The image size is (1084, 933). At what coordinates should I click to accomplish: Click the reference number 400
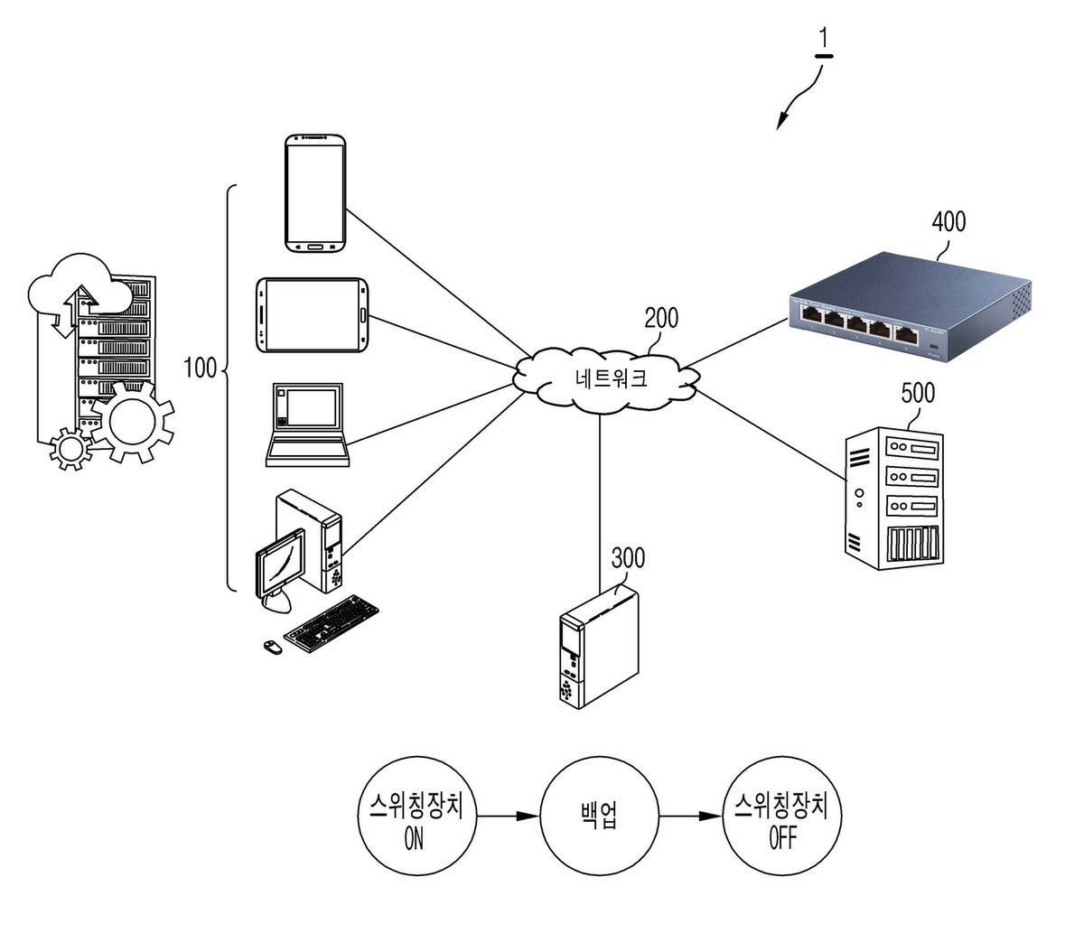pyautogui.click(x=948, y=222)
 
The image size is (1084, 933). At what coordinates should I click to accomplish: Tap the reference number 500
pyautogui.click(x=918, y=393)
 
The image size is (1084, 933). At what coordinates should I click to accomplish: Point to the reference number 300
pyautogui.click(x=628, y=558)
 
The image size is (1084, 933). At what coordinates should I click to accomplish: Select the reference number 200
pyautogui.click(x=660, y=318)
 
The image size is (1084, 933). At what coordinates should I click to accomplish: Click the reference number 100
pyautogui.click(x=201, y=368)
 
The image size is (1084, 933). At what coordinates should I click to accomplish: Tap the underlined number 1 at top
pyautogui.click(x=824, y=42)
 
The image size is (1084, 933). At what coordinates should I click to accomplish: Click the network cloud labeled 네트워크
pyautogui.click(x=608, y=378)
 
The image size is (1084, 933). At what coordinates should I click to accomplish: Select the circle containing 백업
pyautogui.click(x=599, y=816)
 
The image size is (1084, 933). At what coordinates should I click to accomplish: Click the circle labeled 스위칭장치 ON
pyautogui.click(x=417, y=816)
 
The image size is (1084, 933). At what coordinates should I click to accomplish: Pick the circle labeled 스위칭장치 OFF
pyautogui.click(x=781, y=816)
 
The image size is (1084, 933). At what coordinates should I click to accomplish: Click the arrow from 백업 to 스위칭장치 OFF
pyautogui.click(x=690, y=816)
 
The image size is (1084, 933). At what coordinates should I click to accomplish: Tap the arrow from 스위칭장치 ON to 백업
pyautogui.click(x=509, y=816)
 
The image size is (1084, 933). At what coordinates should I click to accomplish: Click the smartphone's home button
pyautogui.click(x=315, y=246)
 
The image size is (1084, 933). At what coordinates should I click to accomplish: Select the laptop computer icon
pyautogui.click(x=307, y=425)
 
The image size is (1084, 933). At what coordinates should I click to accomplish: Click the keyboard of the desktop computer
pyautogui.click(x=332, y=623)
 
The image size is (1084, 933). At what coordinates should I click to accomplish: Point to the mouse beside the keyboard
pyautogui.click(x=272, y=648)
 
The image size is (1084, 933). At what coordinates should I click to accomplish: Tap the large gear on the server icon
pyautogui.click(x=133, y=422)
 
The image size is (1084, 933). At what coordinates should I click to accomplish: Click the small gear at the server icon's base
pyautogui.click(x=71, y=448)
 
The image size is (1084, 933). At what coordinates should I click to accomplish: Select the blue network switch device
pyautogui.click(x=911, y=307)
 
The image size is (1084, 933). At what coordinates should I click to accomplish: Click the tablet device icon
pyautogui.click(x=312, y=315)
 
